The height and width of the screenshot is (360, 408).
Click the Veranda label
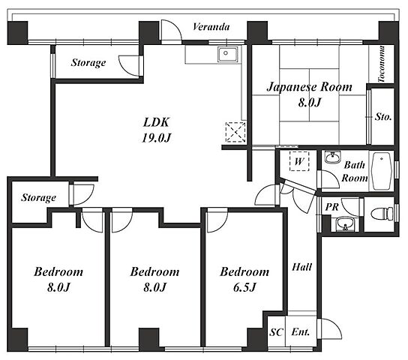point(211,27)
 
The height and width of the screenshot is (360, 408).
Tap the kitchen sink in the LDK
point(228,54)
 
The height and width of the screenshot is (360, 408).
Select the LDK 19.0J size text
point(156,138)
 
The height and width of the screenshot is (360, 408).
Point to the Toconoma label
point(382,64)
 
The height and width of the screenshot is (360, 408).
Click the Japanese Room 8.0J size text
point(309,103)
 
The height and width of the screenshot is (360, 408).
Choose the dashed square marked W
point(299,161)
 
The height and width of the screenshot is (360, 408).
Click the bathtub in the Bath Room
point(382,171)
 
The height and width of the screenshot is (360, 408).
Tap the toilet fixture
point(382,214)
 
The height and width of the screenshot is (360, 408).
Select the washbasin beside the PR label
point(345,224)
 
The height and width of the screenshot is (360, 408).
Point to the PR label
point(332,207)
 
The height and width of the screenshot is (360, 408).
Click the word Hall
point(301,267)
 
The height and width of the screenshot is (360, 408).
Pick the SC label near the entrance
point(276,332)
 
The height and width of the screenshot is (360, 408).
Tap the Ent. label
point(301,332)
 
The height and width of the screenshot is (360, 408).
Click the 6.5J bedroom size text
point(244,287)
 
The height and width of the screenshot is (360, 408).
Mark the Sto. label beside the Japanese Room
point(383,117)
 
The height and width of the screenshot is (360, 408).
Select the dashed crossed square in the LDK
point(235,132)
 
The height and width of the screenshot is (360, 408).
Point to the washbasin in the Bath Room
point(333,157)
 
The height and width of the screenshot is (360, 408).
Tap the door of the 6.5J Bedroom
point(217,220)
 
